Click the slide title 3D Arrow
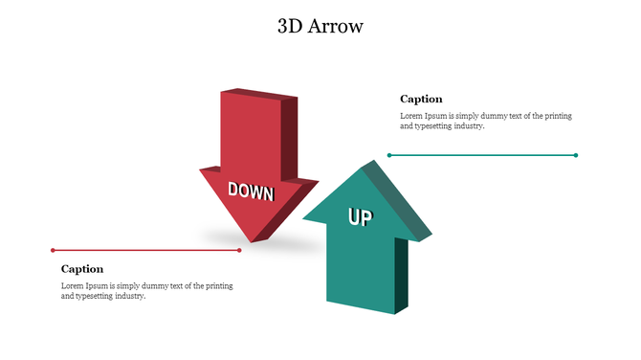320,26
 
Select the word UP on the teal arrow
360,217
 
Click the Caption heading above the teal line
421,99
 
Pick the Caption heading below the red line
82,269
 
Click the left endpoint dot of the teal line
389,154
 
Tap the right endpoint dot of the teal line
576,154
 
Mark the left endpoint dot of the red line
53,250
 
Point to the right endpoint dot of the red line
239,250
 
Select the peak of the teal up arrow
365,165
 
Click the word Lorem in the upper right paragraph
411,116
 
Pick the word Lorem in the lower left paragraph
73,286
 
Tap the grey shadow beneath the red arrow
287,244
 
